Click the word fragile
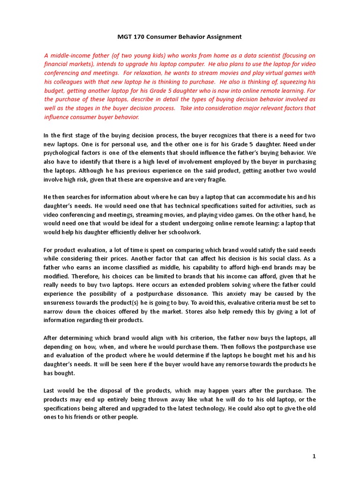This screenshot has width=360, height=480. click(215, 179)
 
